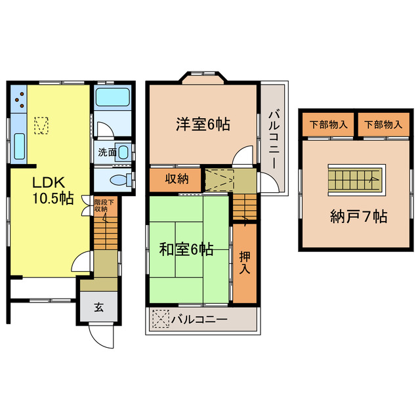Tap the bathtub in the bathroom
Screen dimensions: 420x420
[x=114, y=98]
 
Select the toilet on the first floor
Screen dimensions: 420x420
[x=118, y=178]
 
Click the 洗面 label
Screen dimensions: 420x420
[x=108, y=152]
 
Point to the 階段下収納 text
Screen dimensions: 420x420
[x=104, y=205]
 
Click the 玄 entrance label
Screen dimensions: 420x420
[x=98, y=306]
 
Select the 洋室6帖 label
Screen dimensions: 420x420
[x=202, y=123]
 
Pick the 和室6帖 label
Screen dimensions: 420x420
[x=186, y=249]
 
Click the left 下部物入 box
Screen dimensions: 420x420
[x=329, y=125]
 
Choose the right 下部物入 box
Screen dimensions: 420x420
[x=383, y=125]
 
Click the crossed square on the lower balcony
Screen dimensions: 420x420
[x=159, y=320]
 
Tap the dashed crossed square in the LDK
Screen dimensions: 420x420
[x=41, y=125]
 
